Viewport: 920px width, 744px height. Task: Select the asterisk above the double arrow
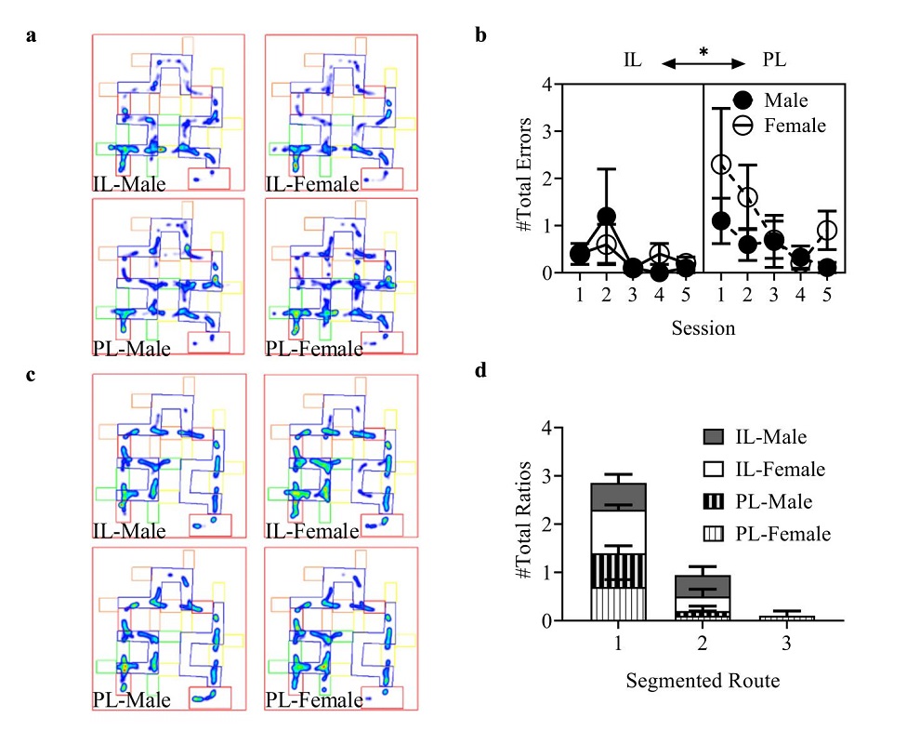(x=703, y=53)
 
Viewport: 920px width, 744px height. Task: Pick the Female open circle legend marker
(x=743, y=125)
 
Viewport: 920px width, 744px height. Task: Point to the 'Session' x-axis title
(x=704, y=327)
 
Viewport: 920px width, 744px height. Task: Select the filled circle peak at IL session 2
(x=606, y=217)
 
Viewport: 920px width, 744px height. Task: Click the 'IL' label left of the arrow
(x=635, y=60)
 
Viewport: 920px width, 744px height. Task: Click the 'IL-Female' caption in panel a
(x=313, y=184)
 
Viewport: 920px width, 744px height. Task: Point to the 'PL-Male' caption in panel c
(x=131, y=698)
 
